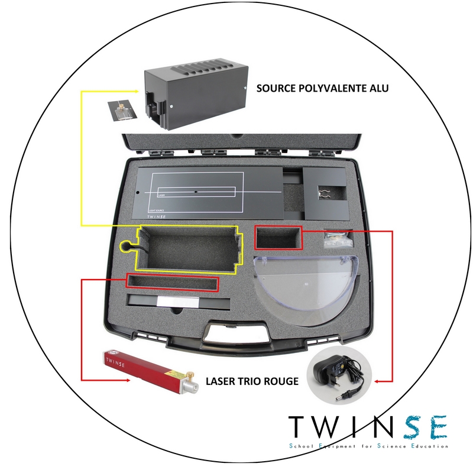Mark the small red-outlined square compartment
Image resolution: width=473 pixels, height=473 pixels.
pos(278,237)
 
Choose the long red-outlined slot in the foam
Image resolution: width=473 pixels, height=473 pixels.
pos(172,283)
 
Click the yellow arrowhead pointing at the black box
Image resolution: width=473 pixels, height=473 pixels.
pos(142,92)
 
